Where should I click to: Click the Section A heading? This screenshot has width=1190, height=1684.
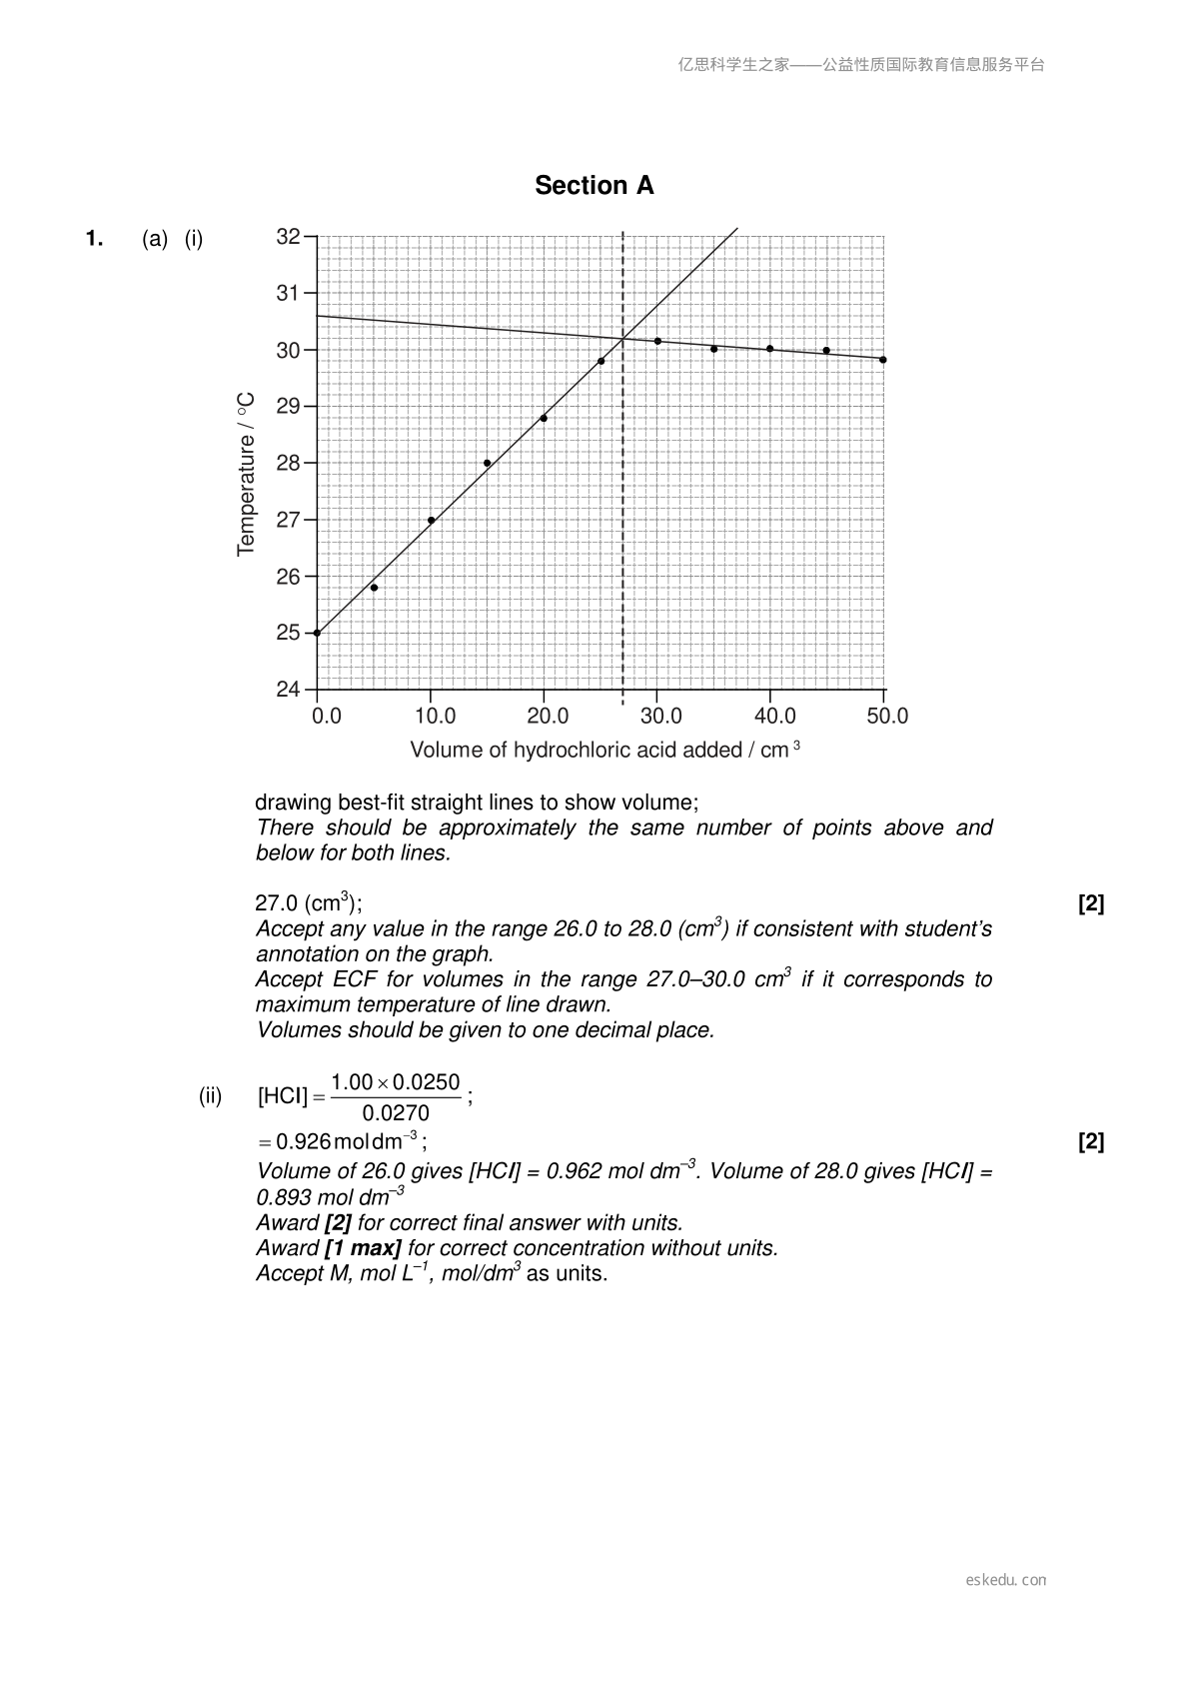coord(594,186)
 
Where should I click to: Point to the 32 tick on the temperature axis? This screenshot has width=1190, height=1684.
coord(288,237)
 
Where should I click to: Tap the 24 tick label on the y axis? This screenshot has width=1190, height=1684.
coord(288,690)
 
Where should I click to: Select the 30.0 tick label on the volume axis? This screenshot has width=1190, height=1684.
coord(660,717)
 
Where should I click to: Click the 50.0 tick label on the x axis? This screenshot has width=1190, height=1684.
coord(886,717)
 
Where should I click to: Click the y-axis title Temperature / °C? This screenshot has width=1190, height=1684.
coord(246,474)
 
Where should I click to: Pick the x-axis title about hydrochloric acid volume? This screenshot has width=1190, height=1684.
coord(604,751)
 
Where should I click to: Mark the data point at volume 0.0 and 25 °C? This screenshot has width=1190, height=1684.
coord(317,633)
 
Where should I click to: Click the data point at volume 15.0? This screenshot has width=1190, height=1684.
coord(487,463)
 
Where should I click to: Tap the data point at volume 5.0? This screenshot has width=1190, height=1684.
coord(374,588)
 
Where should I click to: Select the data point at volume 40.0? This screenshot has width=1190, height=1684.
coord(769,349)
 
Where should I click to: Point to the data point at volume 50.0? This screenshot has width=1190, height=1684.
coord(883,360)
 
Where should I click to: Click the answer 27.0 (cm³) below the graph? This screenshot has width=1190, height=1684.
coord(308,903)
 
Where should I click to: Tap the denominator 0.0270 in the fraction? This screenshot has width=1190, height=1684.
coord(396,1113)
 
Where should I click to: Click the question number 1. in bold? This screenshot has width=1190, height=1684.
coord(95,239)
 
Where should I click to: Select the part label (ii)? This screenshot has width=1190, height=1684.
coord(210,1096)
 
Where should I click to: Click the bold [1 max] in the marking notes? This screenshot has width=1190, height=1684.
coord(363,1248)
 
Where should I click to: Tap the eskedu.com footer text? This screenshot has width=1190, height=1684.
coord(1006,1580)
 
